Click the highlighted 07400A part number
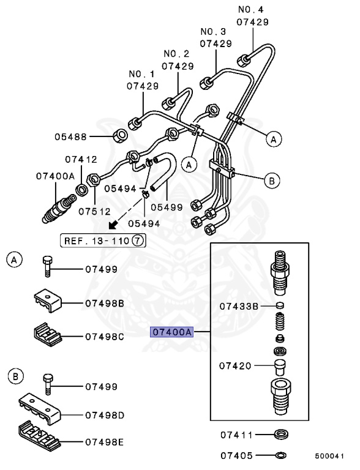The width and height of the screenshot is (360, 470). tap(172, 332)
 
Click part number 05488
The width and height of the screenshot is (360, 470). tap(89, 137)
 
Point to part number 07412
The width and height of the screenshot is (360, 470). tap(81, 160)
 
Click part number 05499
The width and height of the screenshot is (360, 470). tap(167, 207)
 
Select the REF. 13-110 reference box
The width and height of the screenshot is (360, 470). tap(103, 241)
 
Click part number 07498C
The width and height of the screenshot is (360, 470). tap(105, 336)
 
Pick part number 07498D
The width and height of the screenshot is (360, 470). tap(105, 416)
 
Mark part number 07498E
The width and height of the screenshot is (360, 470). tap(105, 441)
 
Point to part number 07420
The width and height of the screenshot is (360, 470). tap(235, 365)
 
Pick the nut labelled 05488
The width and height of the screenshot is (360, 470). tap(121, 135)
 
